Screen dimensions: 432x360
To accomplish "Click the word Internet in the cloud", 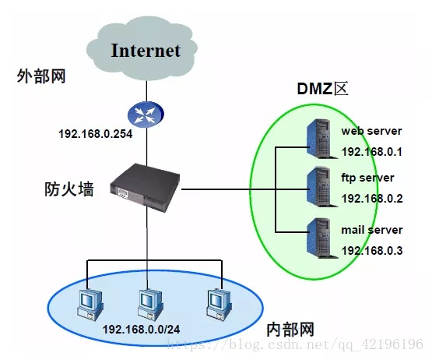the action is [x=146, y=51].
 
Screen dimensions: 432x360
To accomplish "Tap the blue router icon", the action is [x=146, y=115].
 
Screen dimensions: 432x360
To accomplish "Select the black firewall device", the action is [x=145, y=188].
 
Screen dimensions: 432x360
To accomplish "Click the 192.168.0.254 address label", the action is [x=95, y=134].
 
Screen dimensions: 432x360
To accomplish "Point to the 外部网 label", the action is [x=41, y=76].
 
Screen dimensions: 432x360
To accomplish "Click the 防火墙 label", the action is [x=68, y=189].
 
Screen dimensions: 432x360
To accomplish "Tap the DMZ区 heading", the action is [x=322, y=89].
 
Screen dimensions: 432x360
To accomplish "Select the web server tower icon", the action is [x=321, y=139].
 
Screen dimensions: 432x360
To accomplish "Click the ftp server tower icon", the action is [x=321, y=187].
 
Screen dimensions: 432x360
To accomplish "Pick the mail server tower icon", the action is [x=321, y=238].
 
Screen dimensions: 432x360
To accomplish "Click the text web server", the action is [x=371, y=131].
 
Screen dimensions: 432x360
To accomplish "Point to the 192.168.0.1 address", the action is [x=371, y=152].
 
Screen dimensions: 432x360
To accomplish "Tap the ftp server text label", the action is [x=367, y=178].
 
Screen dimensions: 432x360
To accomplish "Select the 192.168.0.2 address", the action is [x=372, y=199].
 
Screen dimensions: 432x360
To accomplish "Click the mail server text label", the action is [x=372, y=230].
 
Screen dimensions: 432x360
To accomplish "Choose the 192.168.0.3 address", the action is [x=372, y=251].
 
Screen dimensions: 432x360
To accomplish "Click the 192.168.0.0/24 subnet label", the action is [x=142, y=330].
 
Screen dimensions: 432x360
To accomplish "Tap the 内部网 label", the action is [x=290, y=330].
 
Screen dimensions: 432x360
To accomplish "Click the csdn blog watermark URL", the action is [x=295, y=344].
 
